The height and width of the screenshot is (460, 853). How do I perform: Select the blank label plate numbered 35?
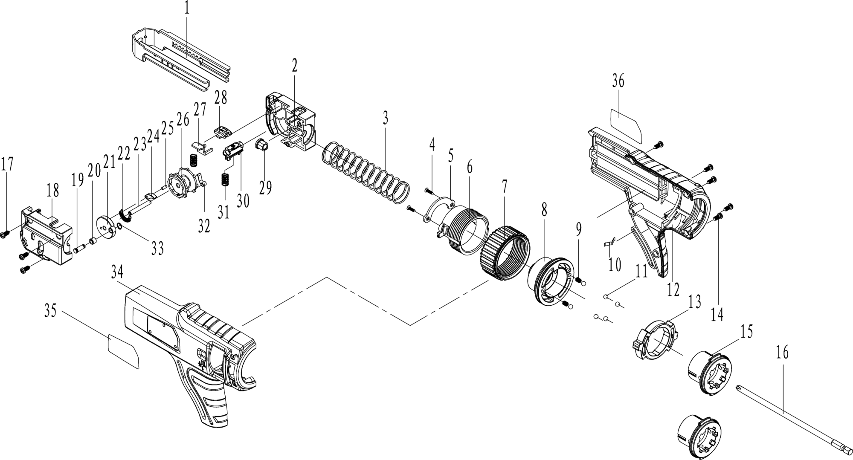coord(123,351)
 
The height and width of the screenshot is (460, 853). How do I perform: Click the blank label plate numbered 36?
coord(626,126)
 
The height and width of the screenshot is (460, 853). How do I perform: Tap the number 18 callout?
coord(53,191)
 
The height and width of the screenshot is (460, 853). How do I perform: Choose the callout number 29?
coord(265,188)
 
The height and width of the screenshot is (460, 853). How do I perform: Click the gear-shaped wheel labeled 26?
coord(184,182)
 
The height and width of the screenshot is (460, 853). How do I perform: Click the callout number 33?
coord(157,249)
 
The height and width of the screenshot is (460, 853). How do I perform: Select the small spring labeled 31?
coord(224,179)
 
